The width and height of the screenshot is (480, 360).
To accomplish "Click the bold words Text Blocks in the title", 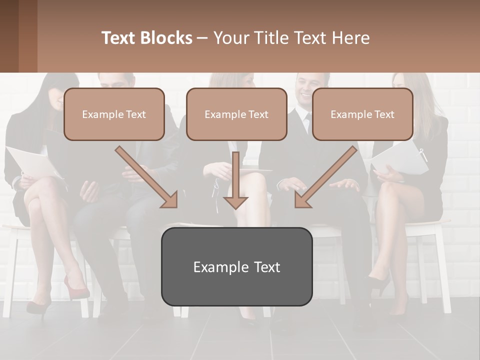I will coord(146,38).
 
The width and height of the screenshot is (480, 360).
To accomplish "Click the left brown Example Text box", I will coord(114,114).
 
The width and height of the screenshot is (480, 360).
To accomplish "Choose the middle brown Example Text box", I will coord(236,114).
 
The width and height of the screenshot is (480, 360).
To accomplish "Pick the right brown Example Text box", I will coord(362,114).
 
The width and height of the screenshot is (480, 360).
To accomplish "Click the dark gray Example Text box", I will coord(236,266).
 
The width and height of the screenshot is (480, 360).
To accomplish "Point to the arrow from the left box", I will coord(146,177).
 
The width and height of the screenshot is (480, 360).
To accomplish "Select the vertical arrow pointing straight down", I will coord(235,180).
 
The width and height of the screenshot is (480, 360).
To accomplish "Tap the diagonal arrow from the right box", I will coord(326,177).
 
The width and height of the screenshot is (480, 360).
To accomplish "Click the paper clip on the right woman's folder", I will coord(423,154).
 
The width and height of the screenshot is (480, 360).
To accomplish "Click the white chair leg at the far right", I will coord(442,270).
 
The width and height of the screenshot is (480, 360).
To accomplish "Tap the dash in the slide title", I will coord(202,38).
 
